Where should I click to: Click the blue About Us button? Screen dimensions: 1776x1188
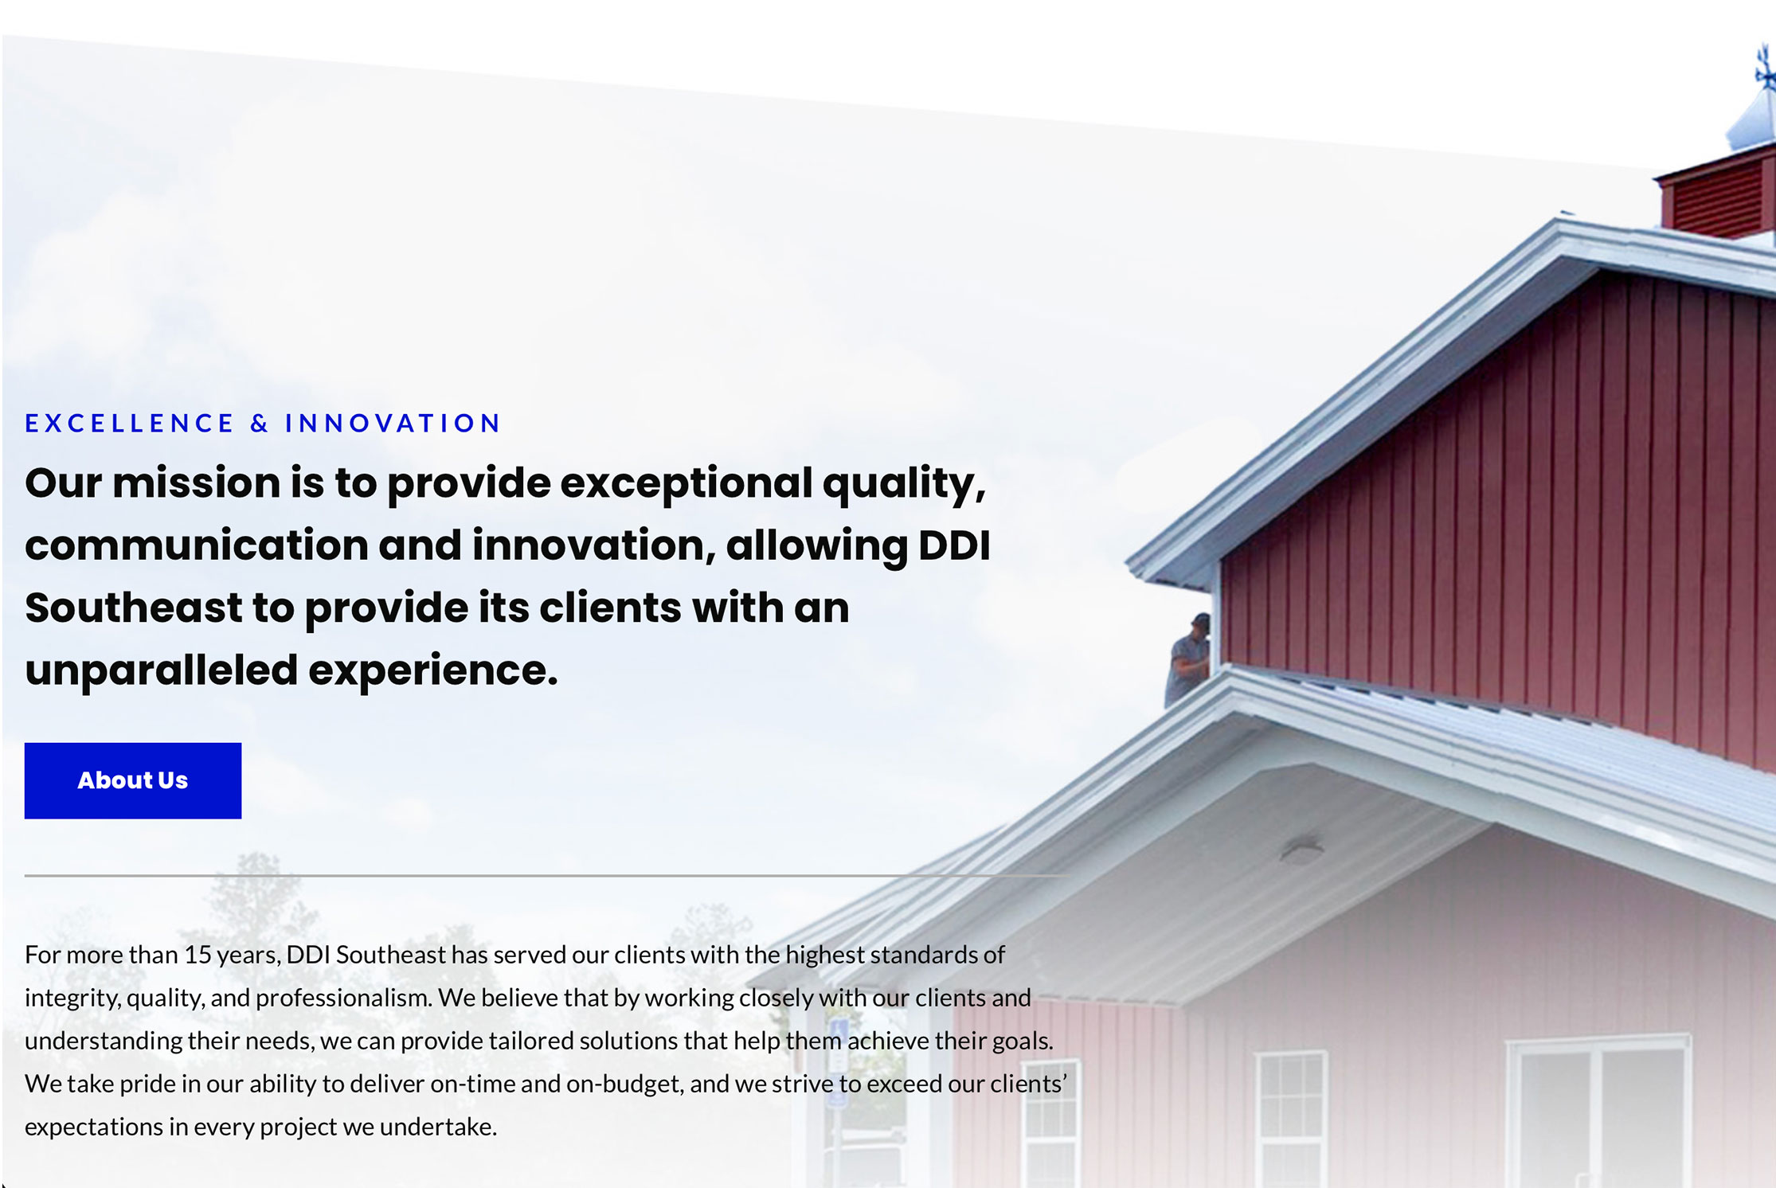(x=133, y=780)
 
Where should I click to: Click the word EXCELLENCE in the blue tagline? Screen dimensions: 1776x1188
(x=130, y=423)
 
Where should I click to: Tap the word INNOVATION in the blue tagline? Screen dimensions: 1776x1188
(x=393, y=423)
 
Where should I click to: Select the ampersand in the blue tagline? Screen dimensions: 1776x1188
(x=260, y=423)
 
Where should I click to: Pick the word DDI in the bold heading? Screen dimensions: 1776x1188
(x=954, y=545)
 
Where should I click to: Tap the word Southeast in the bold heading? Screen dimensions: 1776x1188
(x=134, y=608)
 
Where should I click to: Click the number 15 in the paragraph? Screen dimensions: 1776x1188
(x=198, y=955)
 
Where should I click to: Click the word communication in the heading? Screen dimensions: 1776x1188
(x=197, y=545)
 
